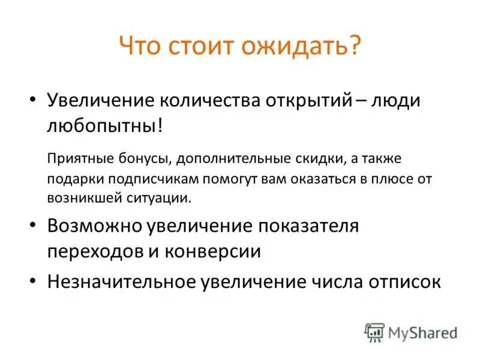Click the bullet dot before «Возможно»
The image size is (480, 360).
point(34,226)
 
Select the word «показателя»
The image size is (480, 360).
point(308,226)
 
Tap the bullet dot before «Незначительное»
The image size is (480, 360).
point(34,281)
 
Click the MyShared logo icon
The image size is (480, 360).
point(375,332)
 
